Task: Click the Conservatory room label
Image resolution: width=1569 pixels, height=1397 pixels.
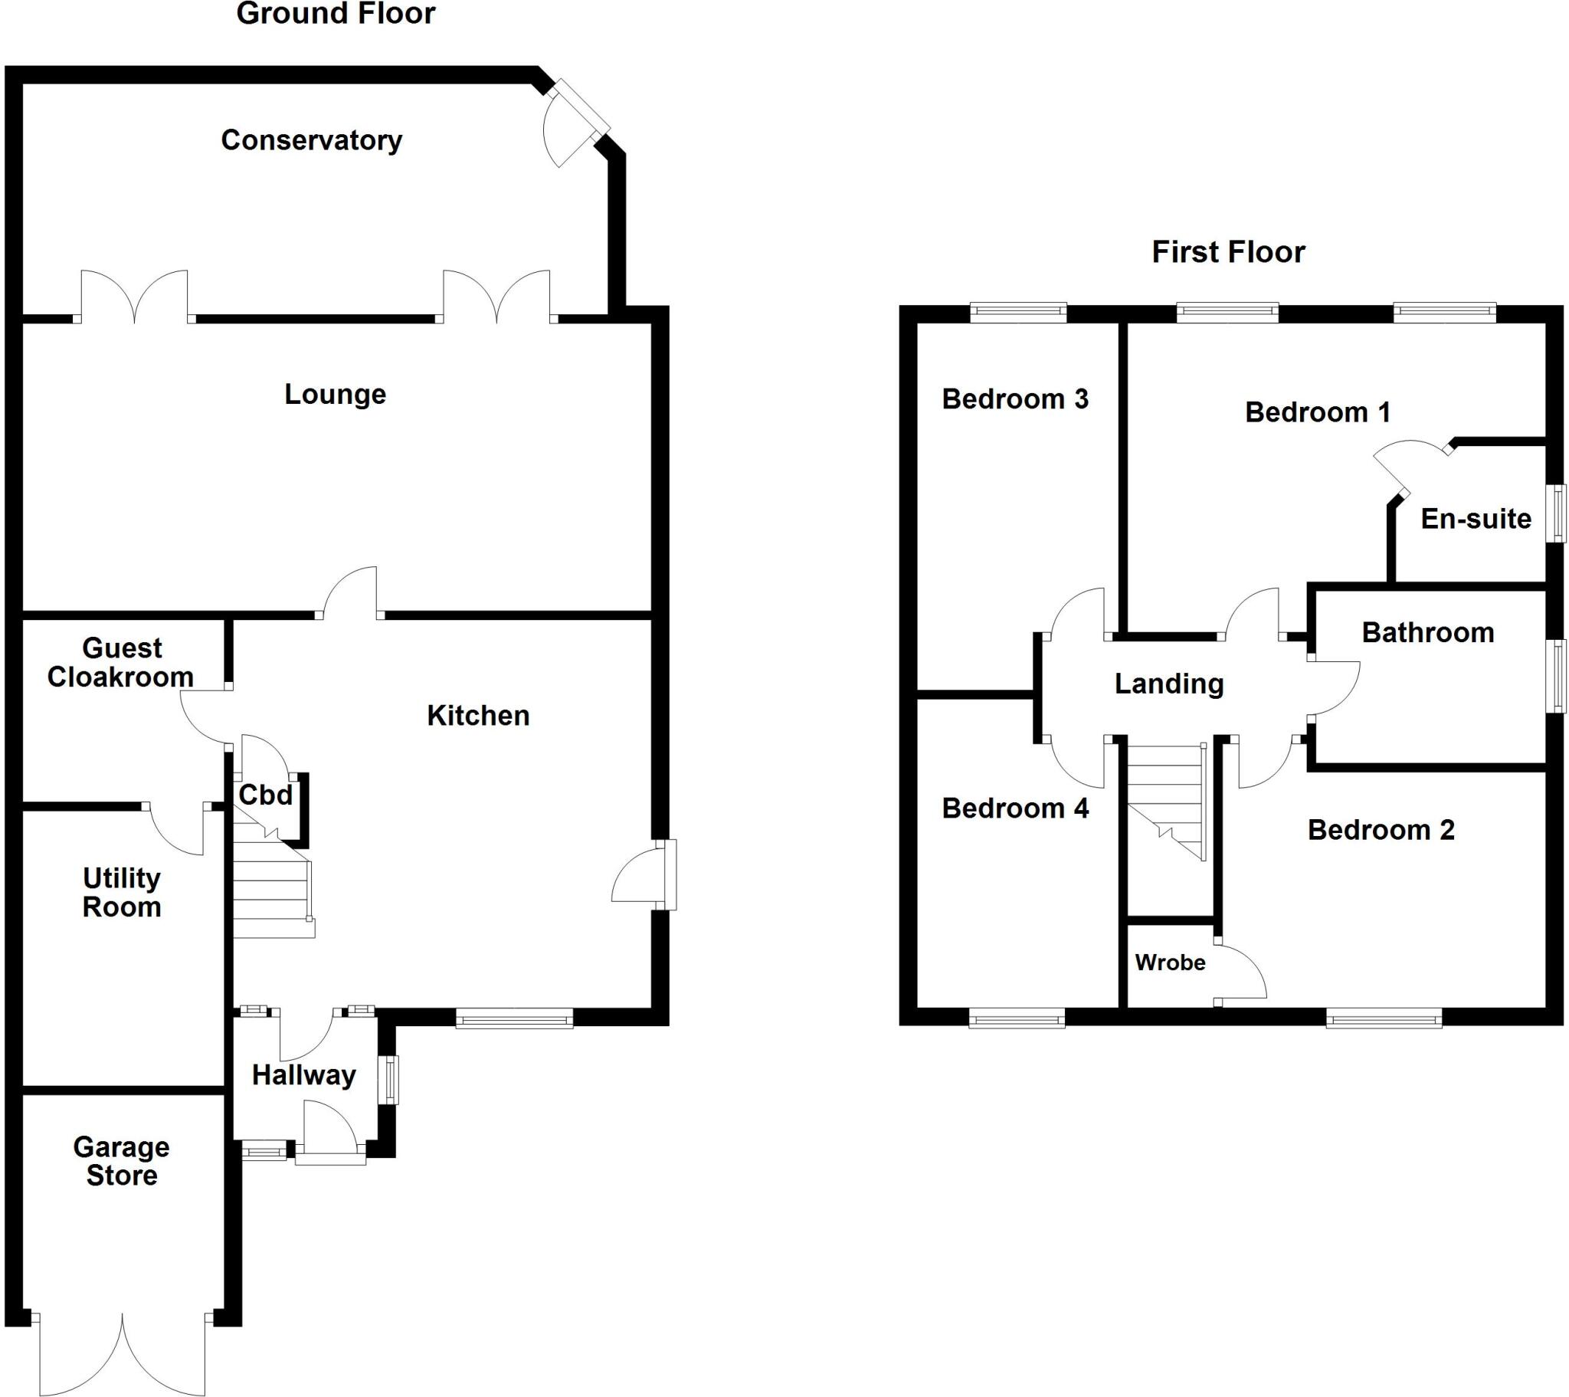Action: (311, 139)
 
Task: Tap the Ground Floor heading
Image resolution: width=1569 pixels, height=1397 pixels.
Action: (336, 14)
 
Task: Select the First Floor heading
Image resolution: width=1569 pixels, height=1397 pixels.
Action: (1227, 252)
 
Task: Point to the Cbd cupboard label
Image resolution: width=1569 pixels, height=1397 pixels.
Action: (266, 795)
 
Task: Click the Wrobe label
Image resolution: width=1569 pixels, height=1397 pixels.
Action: (1170, 962)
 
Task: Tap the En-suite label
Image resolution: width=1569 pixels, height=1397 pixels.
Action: (1476, 518)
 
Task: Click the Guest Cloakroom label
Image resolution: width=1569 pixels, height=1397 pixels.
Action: (120, 662)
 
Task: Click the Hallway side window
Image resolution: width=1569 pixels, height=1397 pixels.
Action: (391, 1080)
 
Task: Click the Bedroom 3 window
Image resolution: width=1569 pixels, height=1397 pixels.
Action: (1018, 312)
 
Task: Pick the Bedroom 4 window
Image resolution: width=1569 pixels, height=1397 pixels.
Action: (1017, 1020)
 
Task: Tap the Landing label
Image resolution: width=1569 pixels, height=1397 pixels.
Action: (1168, 684)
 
